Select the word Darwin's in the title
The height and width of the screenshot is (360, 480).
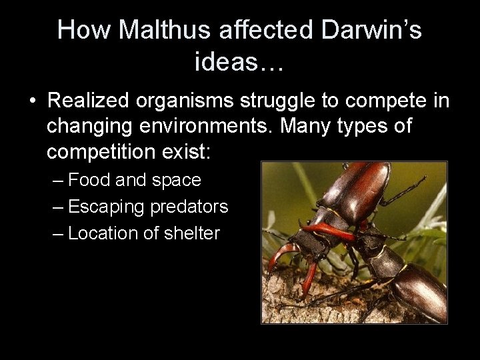coord(372,31)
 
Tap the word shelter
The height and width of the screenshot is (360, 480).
coord(194,233)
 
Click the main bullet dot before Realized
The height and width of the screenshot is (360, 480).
coord(31,101)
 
